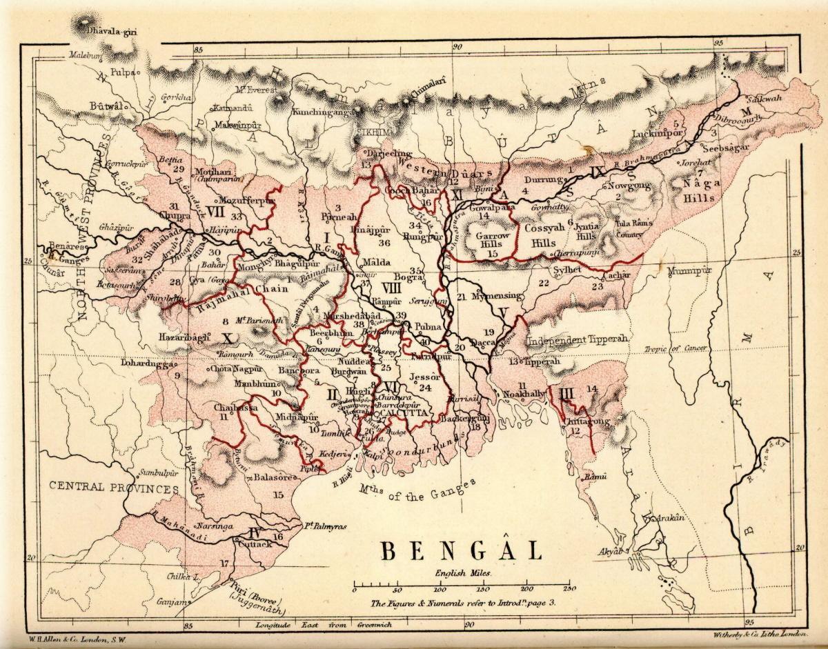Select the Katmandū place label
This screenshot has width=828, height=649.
228,108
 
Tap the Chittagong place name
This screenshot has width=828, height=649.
588,420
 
